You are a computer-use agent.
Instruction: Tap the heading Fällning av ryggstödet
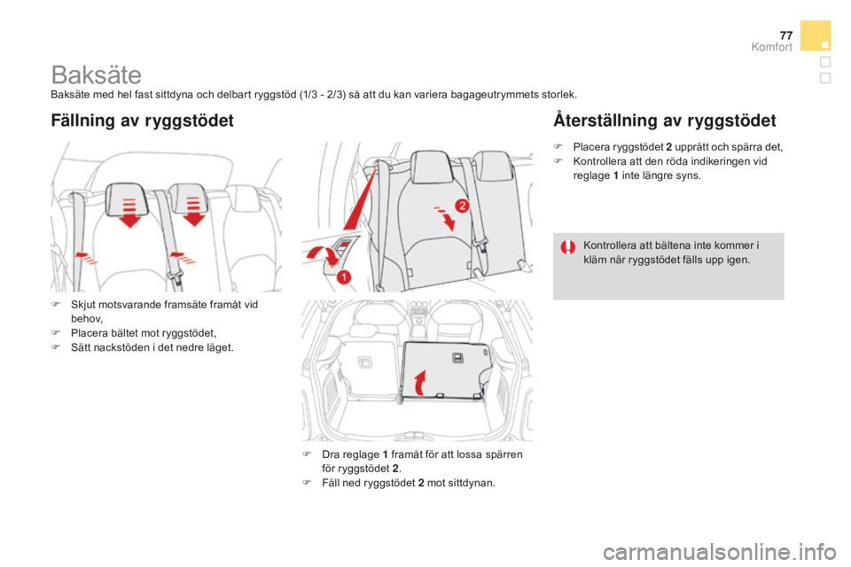(x=142, y=120)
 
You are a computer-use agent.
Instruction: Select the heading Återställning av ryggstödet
(x=664, y=120)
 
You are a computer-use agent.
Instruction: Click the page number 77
(x=784, y=34)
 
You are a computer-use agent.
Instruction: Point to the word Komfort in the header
(x=772, y=47)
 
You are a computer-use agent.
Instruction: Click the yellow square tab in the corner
(x=815, y=35)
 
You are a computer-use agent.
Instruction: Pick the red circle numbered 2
(x=460, y=205)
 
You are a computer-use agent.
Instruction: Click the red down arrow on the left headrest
(x=130, y=214)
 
